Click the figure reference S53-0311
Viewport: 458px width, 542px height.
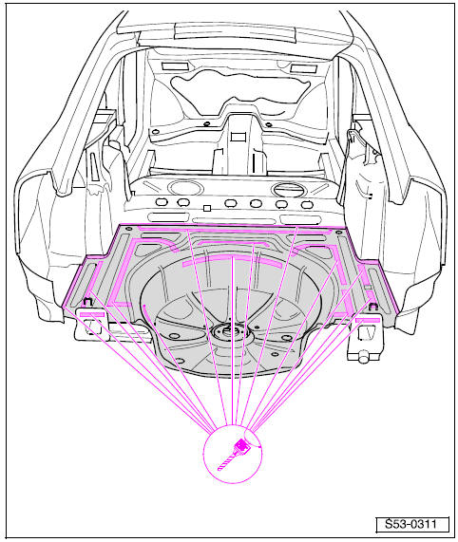click(x=412, y=524)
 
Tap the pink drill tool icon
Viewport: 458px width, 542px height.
click(x=235, y=454)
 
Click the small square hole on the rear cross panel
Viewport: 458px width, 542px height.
click(x=207, y=208)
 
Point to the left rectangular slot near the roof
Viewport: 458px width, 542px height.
click(x=175, y=66)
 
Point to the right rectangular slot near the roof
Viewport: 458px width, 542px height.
click(x=304, y=68)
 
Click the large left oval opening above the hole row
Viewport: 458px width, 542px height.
click(x=185, y=188)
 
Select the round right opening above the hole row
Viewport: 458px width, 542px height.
click(x=289, y=190)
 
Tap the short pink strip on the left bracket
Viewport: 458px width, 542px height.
click(x=91, y=314)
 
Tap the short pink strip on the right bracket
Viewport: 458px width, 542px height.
click(x=368, y=320)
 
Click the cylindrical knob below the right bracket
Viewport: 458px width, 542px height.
click(x=363, y=357)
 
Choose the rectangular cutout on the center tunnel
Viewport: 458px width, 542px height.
click(x=238, y=137)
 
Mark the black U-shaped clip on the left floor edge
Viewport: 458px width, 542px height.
click(x=87, y=301)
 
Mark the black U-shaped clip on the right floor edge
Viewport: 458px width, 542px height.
click(x=372, y=307)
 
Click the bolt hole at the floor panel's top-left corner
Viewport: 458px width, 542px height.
click(x=128, y=229)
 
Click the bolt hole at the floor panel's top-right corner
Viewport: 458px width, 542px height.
click(x=339, y=232)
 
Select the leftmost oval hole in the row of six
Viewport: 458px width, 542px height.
click(x=162, y=202)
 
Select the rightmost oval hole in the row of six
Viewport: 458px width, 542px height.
click(x=307, y=205)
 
